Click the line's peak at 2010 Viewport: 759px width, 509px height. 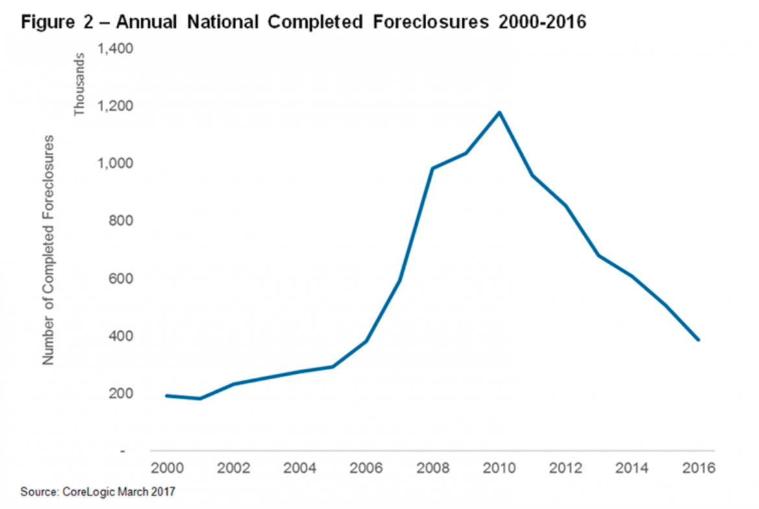[x=500, y=112]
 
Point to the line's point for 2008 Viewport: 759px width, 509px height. [x=433, y=169]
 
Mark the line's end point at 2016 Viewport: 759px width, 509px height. [x=699, y=340]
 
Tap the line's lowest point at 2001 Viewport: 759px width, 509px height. [x=200, y=399]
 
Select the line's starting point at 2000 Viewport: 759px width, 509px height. [x=167, y=395]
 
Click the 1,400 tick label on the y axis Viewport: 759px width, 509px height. [x=115, y=49]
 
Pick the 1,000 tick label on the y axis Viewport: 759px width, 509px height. [x=115, y=164]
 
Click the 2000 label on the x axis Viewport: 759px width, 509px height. [x=167, y=469]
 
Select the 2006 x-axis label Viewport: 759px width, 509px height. [x=366, y=469]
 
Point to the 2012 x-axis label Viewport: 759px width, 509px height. [x=566, y=469]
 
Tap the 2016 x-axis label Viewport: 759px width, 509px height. [x=699, y=469]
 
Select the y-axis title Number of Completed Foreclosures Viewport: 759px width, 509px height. [x=48, y=250]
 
